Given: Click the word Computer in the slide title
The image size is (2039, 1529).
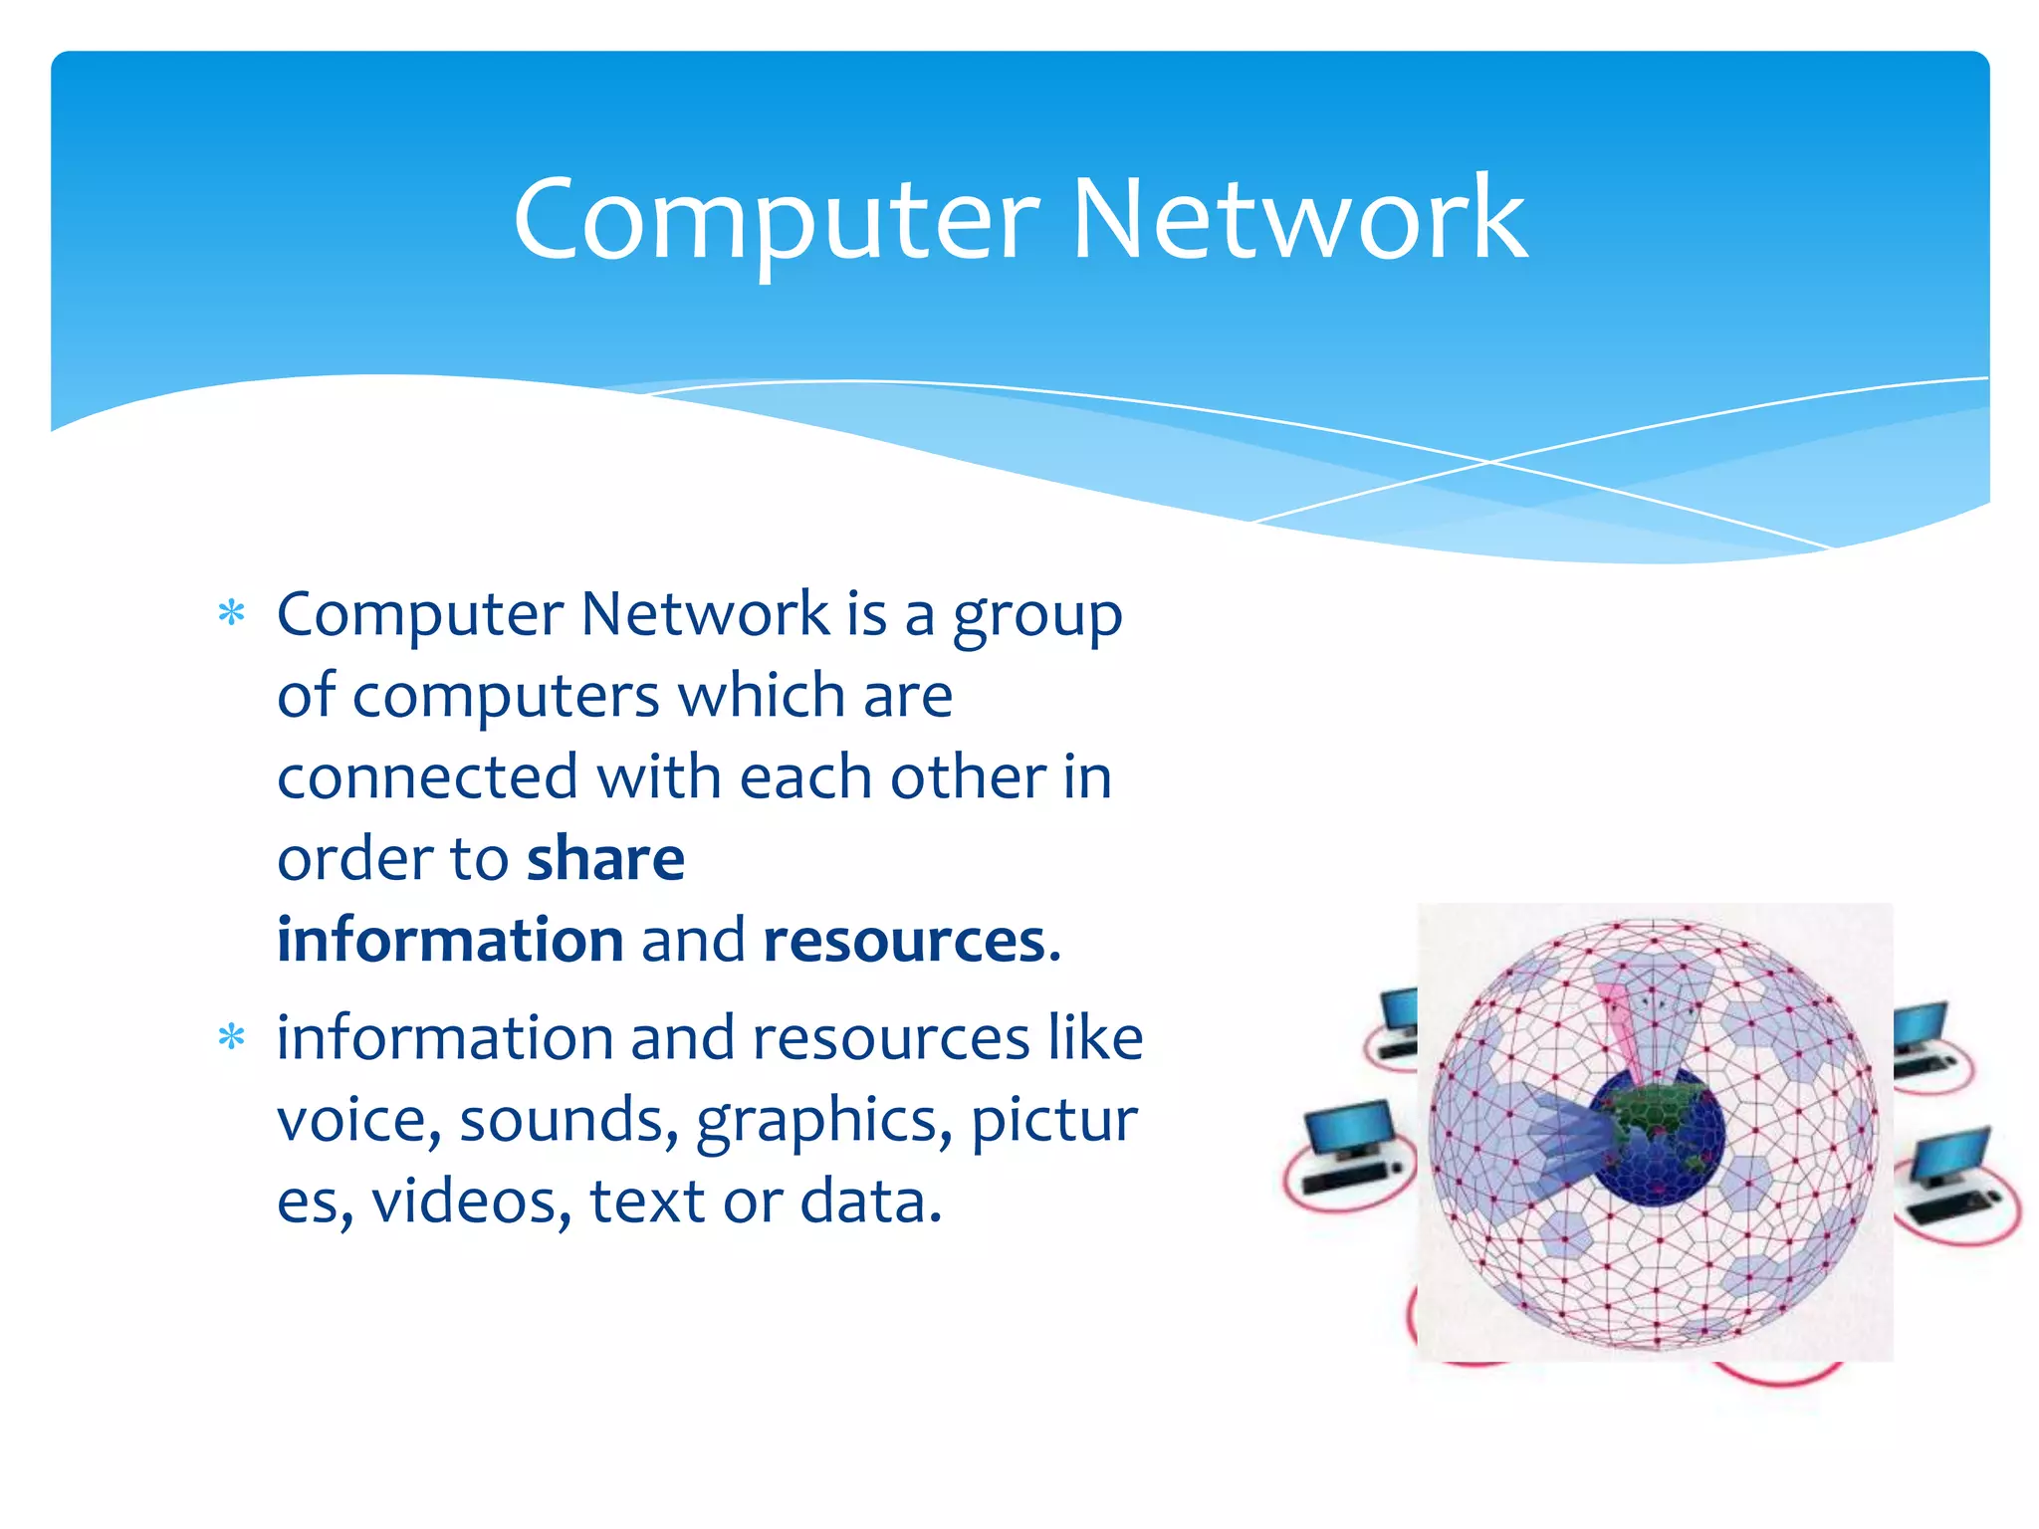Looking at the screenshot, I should (x=776, y=221).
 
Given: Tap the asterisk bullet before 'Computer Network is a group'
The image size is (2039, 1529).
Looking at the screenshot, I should (x=231, y=613).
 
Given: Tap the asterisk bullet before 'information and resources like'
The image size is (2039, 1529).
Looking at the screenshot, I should (x=231, y=1038).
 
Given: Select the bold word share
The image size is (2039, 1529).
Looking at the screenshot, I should (x=605, y=858).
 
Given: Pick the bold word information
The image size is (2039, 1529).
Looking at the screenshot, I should (x=450, y=940).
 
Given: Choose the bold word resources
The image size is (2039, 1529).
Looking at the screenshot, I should (x=904, y=940).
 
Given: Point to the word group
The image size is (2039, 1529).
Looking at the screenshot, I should (x=1036, y=617).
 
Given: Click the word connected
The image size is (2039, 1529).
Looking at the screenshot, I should (x=427, y=776).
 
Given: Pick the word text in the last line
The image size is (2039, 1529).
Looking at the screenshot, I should (x=647, y=1201).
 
